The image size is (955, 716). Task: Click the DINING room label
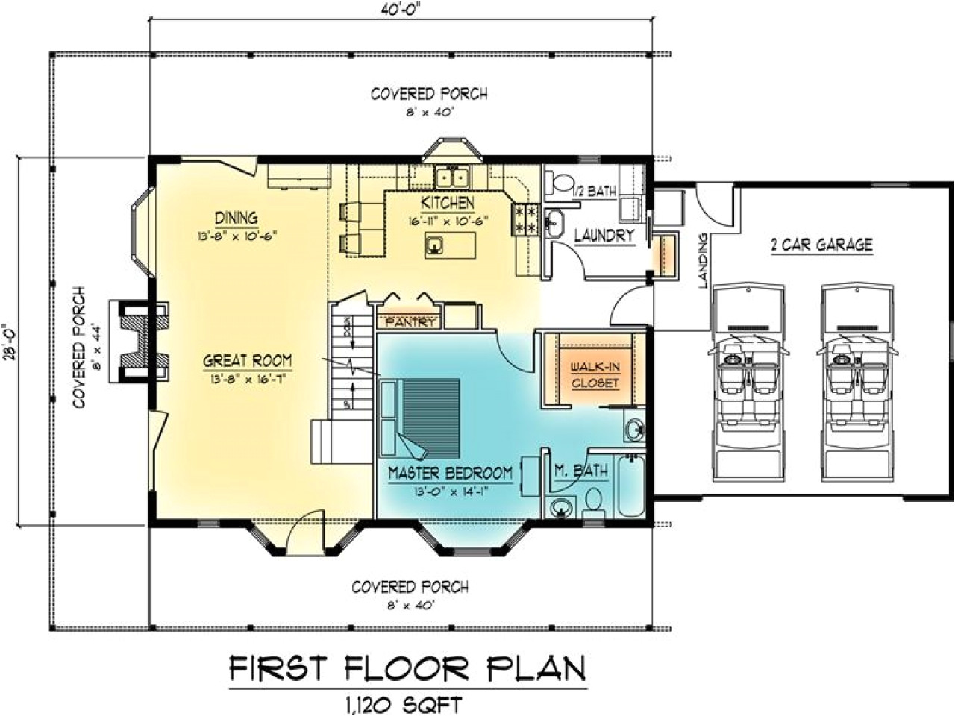[x=236, y=219]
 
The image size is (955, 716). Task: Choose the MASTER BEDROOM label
[x=450, y=473]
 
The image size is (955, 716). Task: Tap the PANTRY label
[x=410, y=322]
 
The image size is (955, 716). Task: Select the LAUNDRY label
[x=604, y=236]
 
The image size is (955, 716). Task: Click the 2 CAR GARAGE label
[x=822, y=244]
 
